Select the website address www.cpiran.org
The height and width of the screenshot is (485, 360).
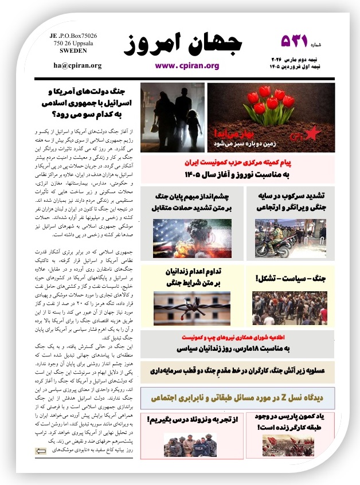(187, 65)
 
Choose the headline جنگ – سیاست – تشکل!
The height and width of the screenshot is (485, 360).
(290, 279)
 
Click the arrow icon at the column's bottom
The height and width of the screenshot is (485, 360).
(41, 452)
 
